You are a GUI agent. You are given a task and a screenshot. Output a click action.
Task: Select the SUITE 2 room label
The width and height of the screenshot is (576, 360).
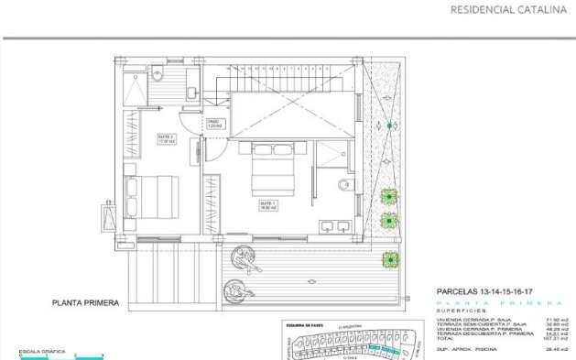166,138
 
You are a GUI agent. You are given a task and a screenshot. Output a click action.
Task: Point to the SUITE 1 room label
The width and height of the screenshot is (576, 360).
268,205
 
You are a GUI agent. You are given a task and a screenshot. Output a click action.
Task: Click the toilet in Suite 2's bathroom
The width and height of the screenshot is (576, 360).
157,74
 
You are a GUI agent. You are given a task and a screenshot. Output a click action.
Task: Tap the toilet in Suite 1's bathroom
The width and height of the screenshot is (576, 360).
344,185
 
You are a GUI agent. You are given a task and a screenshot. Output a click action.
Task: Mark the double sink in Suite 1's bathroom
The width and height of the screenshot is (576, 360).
334,224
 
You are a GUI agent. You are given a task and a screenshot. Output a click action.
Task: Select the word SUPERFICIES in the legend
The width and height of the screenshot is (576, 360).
457,311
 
